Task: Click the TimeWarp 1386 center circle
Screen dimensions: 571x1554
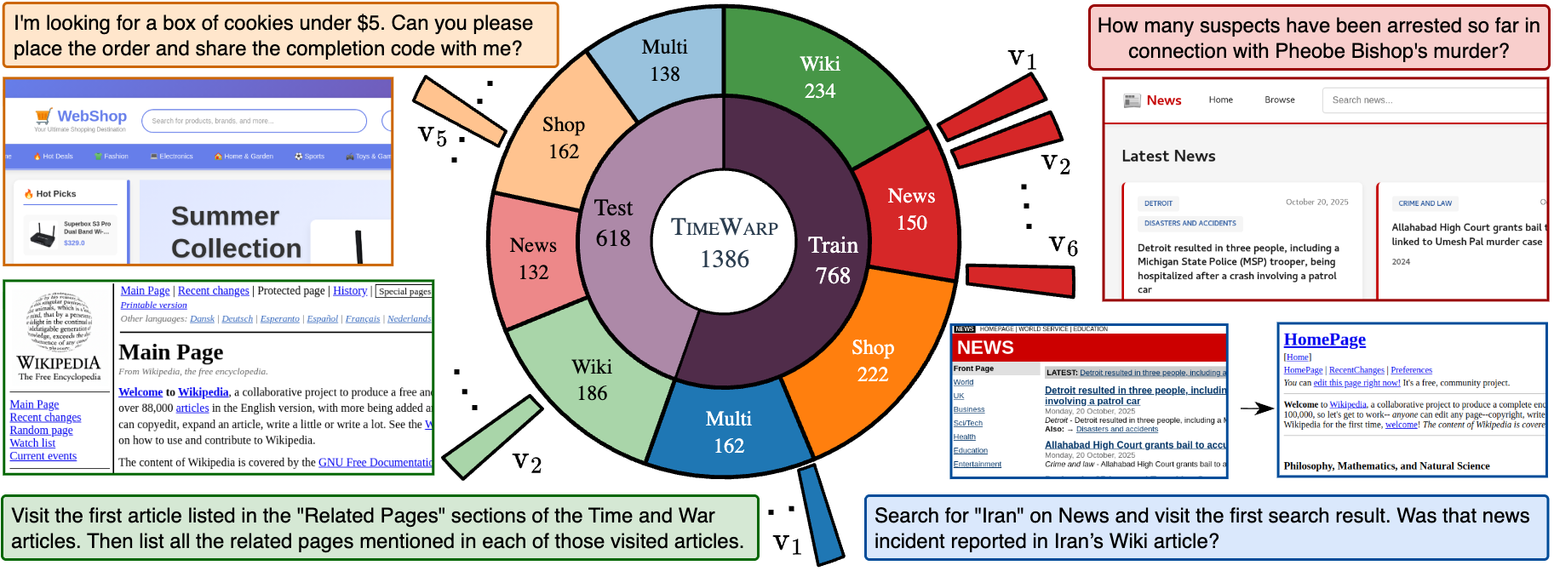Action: (x=724, y=243)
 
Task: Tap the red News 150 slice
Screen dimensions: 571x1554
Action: (x=911, y=209)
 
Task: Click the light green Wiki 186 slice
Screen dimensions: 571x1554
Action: (x=592, y=380)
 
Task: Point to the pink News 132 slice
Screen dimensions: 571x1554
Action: (x=533, y=259)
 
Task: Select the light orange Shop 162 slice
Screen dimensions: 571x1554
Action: (x=563, y=138)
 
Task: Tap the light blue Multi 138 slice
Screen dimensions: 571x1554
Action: (x=664, y=60)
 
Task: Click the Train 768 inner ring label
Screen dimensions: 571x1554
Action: (x=832, y=260)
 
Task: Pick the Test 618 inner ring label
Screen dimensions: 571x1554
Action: (x=613, y=223)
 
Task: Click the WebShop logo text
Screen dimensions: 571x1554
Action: (x=91, y=117)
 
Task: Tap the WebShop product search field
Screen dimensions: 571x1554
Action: (x=254, y=121)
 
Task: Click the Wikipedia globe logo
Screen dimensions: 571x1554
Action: (x=59, y=322)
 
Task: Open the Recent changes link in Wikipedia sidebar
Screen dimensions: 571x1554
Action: (x=45, y=418)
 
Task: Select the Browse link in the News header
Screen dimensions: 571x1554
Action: (x=1279, y=100)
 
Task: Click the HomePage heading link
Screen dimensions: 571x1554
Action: (x=1324, y=340)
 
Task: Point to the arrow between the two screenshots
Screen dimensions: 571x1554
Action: (x=1257, y=408)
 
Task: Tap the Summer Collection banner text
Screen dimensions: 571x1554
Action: (x=236, y=232)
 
